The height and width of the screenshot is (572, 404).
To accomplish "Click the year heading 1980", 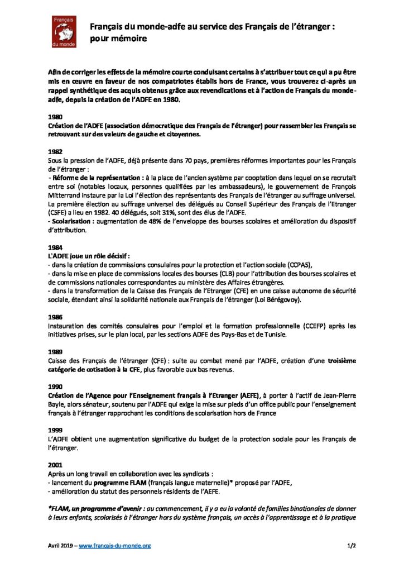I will click(56, 118).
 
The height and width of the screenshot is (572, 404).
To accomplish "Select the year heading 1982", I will click(56, 151).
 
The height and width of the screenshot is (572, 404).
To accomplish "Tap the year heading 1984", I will click(56, 247).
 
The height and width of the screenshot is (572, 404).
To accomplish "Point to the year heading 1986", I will click(56, 316).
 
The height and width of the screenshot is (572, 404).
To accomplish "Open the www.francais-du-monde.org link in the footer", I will click(114, 545).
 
